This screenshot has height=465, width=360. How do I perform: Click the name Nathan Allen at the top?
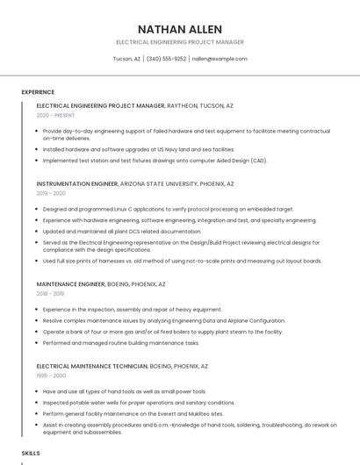pyautogui.click(x=180, y=29)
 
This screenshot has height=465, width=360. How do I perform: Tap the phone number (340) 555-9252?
pyautogui.click(x=166, y=59)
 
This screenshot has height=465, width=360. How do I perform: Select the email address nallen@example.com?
pyautogui.click(x=220, y=59)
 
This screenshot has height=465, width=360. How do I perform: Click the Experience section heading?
pyautogui.click(x=38, y=92)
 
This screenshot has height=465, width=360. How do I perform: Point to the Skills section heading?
pyautogui.click(x=31, y=453)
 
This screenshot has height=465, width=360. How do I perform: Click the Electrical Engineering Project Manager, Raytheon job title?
pyautogui.click(x=134, y=105)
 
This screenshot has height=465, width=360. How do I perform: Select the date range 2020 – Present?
pyautogui.click(x=55, y=115)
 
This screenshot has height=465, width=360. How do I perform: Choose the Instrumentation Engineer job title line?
pyautogui.click(x=135, y=184)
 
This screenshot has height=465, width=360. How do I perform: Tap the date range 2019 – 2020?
pyautogui.click(x=51, y=193)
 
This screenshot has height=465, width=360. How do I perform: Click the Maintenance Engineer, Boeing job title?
pyautogui.click(x=101, y=284)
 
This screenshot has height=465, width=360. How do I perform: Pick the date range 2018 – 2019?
pyautogui.click(x=51, y=294)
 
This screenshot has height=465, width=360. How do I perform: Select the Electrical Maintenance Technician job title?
pyautogui.click(x=122, y=365)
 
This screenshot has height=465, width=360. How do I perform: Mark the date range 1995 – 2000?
pyautogui.click(x=51, y=375)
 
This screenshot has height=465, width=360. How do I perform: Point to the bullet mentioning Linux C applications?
pyautogui.click(x=168, y=210)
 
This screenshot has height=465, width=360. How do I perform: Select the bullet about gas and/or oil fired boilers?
pyautogui.click(x=162, y=332)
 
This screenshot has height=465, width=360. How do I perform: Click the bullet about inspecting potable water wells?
pyautogui.click(x=139, y=402)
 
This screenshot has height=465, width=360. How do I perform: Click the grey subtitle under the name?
pyautogui.click(x=180, y=42)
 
